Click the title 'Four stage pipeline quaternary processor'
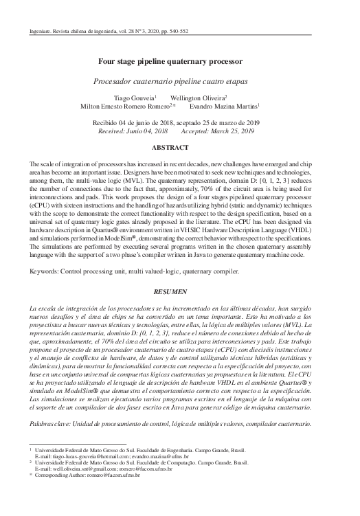(x=179, y=60)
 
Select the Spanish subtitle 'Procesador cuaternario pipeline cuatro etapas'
(x=180, y=80)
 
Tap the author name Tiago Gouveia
(x=135, y=98)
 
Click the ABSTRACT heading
(x=179, y=148)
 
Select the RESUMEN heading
(x=179, y=272)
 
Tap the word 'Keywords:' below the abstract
(x=45, y=252)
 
